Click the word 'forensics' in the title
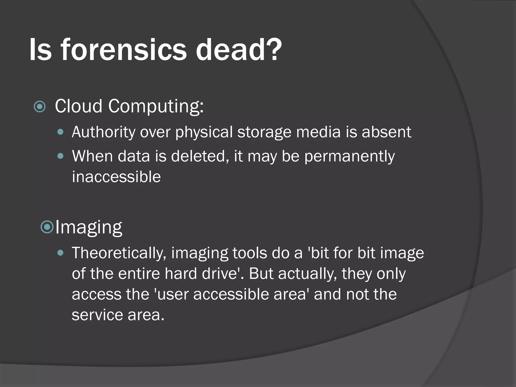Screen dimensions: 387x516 123,49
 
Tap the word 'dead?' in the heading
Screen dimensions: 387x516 238,49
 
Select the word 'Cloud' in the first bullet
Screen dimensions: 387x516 78,106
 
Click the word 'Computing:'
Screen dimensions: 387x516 156,106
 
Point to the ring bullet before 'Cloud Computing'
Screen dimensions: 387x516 40,107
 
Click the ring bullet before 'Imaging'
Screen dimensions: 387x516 47,227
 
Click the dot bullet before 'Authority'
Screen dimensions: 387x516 60,132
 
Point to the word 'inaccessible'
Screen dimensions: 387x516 116,177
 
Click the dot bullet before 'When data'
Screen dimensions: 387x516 60,156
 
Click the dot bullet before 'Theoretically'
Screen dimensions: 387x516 60,253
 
